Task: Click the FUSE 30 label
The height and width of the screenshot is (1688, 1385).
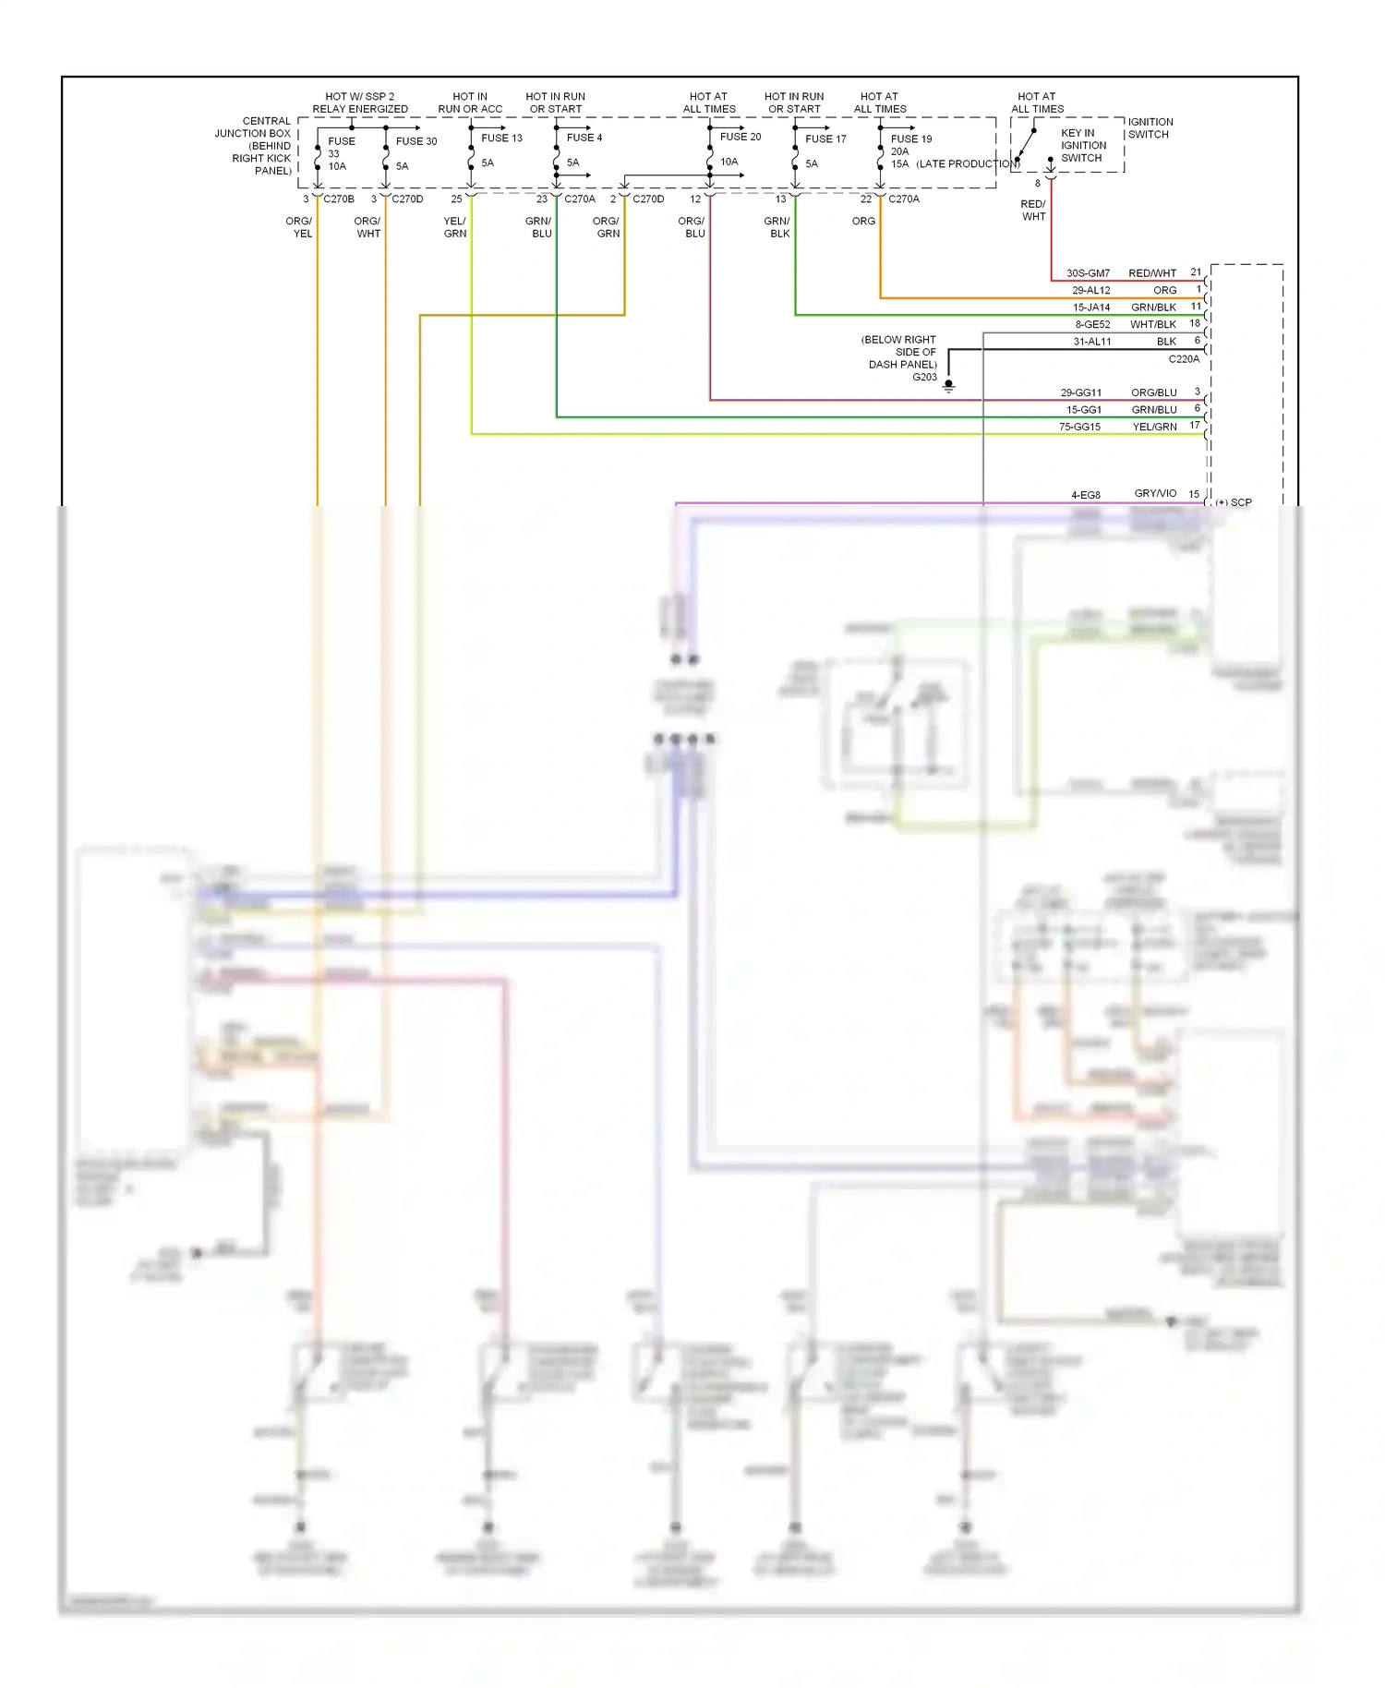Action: tap(416, 141)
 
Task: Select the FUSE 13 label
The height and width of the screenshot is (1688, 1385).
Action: tap(501, 138)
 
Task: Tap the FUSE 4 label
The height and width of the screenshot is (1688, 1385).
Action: tap(584, 138)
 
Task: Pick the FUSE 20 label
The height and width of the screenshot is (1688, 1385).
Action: tap(741, 137)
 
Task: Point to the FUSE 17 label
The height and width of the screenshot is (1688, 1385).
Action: tap(825, 139)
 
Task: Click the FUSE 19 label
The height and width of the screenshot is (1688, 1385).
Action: tap(911, 139)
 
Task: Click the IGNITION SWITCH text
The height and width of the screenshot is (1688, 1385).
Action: tap(1150, 128)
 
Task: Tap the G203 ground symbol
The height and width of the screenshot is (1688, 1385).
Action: tap(948, 386)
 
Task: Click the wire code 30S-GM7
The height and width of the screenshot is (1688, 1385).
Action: tap(1088, 273)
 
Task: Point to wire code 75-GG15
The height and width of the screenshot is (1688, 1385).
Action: tap(1079, 427)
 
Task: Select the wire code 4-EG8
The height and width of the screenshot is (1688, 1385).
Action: tap(1085, 495)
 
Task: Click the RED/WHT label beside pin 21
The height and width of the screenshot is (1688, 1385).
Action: tap(1151, 273)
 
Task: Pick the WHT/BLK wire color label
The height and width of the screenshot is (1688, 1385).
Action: tap(1152, 324)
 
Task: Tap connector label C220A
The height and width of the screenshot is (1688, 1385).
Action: tap(1184, 359)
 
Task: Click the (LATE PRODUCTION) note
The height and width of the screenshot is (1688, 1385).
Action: tap(967, 164)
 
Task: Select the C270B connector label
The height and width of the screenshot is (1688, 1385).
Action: tap(338, 199)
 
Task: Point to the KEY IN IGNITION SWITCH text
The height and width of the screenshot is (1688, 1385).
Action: tap(1082, 146)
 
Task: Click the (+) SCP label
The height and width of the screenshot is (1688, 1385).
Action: tap(1234, 502)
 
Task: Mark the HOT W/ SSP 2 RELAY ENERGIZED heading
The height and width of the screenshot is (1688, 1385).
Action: tap(359, 102)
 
